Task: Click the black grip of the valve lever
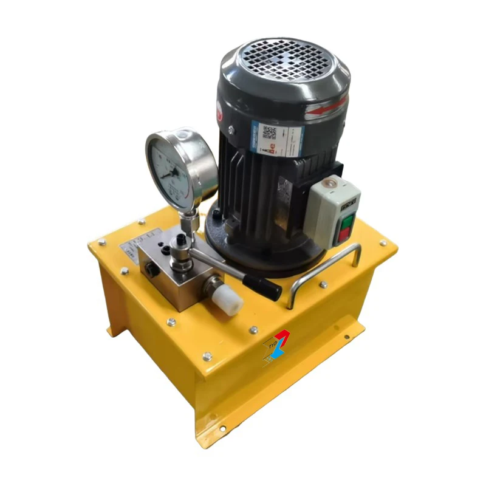[x=262, y=286]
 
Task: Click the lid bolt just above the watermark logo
[x=253, y=330]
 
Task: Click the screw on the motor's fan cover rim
[x=231, y=129]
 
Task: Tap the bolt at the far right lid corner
[x=383, y=243]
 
